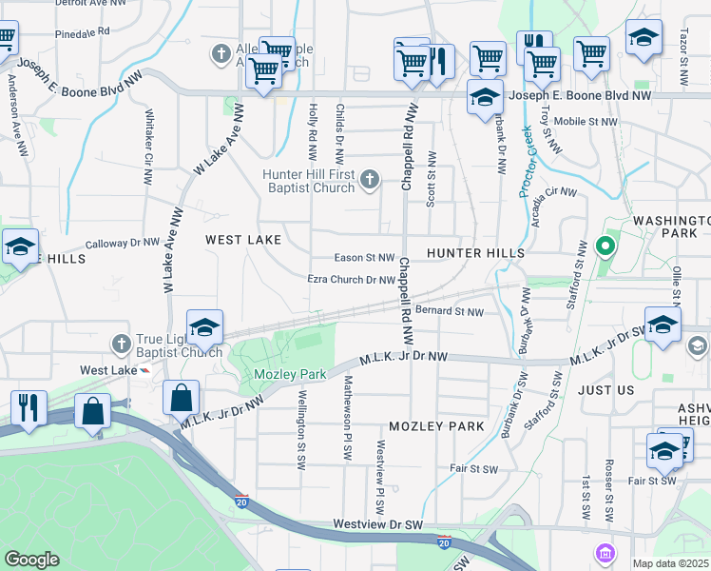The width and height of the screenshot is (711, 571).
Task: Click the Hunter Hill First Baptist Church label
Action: (309, 180)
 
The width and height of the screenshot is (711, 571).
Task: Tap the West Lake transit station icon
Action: (144, 370)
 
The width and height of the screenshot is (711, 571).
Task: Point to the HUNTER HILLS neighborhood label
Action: (475, 253)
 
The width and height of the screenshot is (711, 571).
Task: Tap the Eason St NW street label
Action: (364, 258)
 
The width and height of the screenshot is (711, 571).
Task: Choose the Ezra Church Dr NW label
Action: (350, 280)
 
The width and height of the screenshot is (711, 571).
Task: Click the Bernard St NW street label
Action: (450, 311)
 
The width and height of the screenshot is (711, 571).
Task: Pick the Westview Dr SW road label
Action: (377, 524)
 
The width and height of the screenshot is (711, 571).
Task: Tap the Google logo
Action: (31, 560)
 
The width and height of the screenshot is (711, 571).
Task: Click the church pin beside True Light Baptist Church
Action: (121, 342)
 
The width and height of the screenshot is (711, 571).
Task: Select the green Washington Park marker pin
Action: (604, 248)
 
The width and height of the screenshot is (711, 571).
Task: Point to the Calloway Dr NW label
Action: (122, 243)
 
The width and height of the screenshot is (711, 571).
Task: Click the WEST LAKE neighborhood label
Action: (243, 241)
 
